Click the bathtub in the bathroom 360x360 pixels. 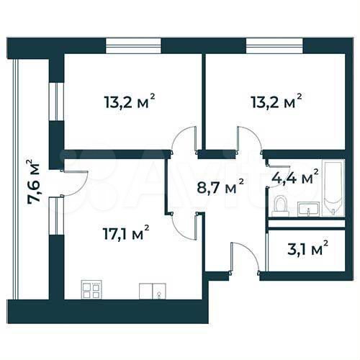coord(334,189)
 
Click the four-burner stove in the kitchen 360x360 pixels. coord(91,289)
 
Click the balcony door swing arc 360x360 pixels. coord(77,184)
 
